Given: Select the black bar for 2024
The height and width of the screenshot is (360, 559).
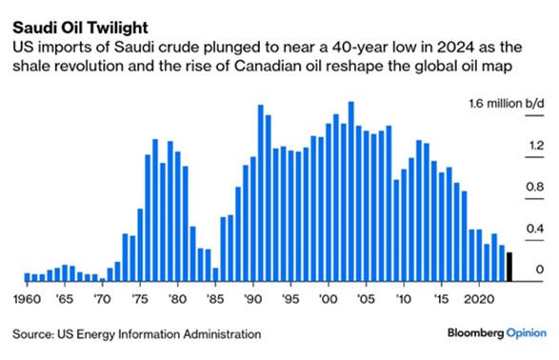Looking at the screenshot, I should click(509, 268).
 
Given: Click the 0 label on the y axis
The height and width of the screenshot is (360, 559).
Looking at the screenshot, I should click(539, 271).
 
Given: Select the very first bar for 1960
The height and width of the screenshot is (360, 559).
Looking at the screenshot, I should click(28, 276).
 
